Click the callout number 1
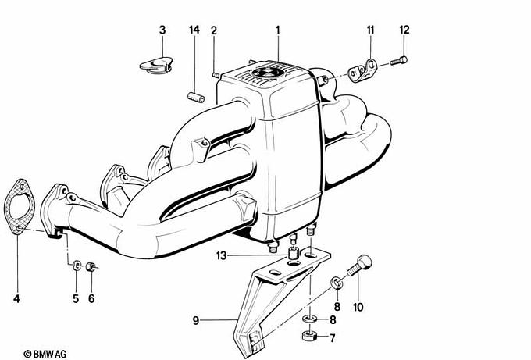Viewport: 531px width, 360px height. click(x=278, y=30)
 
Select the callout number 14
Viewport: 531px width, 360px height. click(x=194, y=30)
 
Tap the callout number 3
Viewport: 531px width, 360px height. click(x=162, y=30)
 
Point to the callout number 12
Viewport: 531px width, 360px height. click(x=404, y=30)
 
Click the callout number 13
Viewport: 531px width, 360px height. click(x=221, y=255)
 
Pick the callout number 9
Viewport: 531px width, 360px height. click(x=196, y=320)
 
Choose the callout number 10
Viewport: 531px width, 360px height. click(x=358, y=307)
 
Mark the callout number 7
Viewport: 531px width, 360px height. click(x=332, y=337)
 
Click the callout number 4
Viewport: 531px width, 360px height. click(x=16, y=299)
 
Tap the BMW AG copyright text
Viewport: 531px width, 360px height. click(x=45, y=354)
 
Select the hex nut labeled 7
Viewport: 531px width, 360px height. click(x=309, y=336)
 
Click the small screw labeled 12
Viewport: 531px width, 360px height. click(x=398, y=61)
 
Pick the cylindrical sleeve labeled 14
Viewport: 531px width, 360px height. click(x=196, y=97)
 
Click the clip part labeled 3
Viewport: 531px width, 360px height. click(x=156, y=65)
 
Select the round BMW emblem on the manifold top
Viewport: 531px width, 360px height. click(x=265, y=72)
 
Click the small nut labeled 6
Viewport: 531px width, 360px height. click(x=91, y=266)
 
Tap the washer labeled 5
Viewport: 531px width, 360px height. click(x=77, y=265)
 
